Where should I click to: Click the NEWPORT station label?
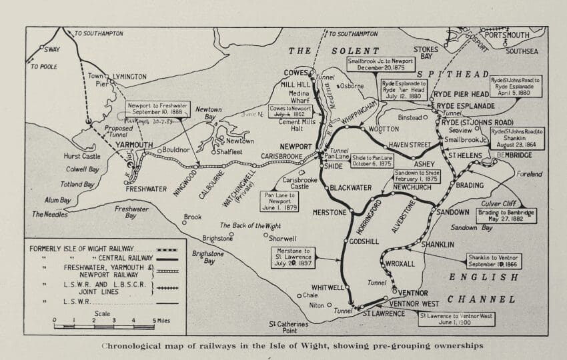[x=296, y=147]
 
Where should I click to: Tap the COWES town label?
[x=296, y=73]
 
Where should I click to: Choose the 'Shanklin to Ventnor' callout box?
[x=494, y=261]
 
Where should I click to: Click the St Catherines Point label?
[x=288, y=327]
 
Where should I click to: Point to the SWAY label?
[x=51, y=49]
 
